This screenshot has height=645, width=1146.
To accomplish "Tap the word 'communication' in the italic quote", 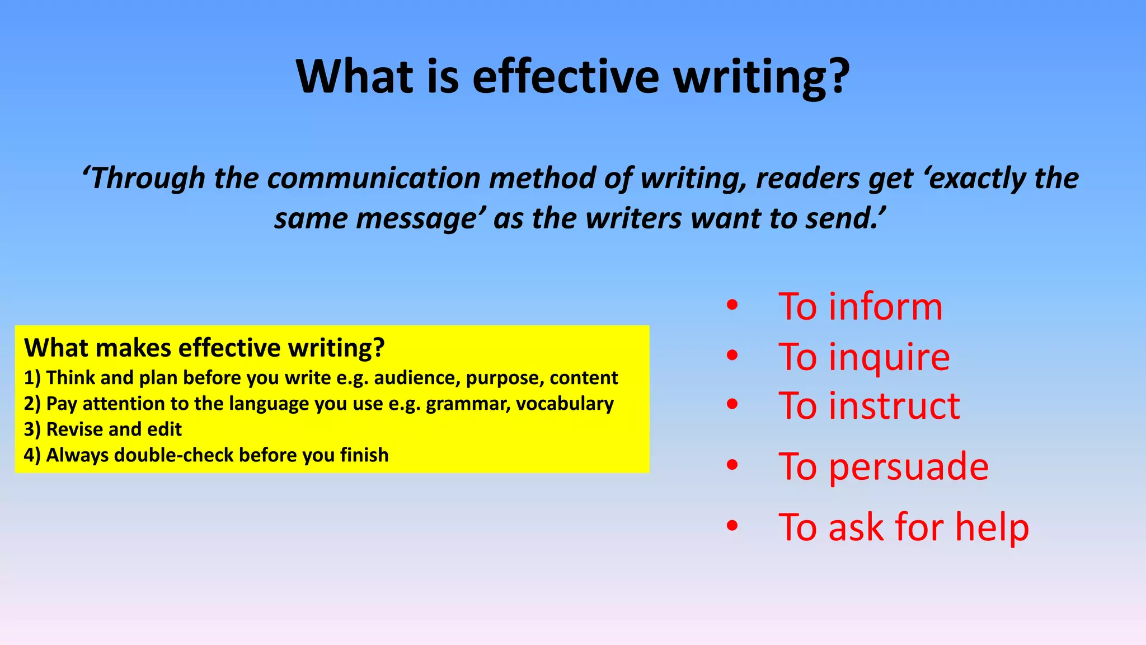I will tap(373, 178).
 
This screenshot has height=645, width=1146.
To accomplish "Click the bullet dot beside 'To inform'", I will tap(732, 306).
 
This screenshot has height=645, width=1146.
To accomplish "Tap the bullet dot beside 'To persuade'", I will tap(732, 465).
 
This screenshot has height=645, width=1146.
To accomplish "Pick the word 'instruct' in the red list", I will tap(894, 405).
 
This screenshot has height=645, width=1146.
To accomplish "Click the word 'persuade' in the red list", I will tap(908, 466).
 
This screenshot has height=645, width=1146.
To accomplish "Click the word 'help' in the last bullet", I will tap(992, 527).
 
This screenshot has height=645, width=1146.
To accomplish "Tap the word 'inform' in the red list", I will tap(885, 307).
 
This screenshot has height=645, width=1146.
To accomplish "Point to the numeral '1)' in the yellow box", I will tap(32, 378).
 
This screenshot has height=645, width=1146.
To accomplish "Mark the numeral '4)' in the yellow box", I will tap(32, 455).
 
